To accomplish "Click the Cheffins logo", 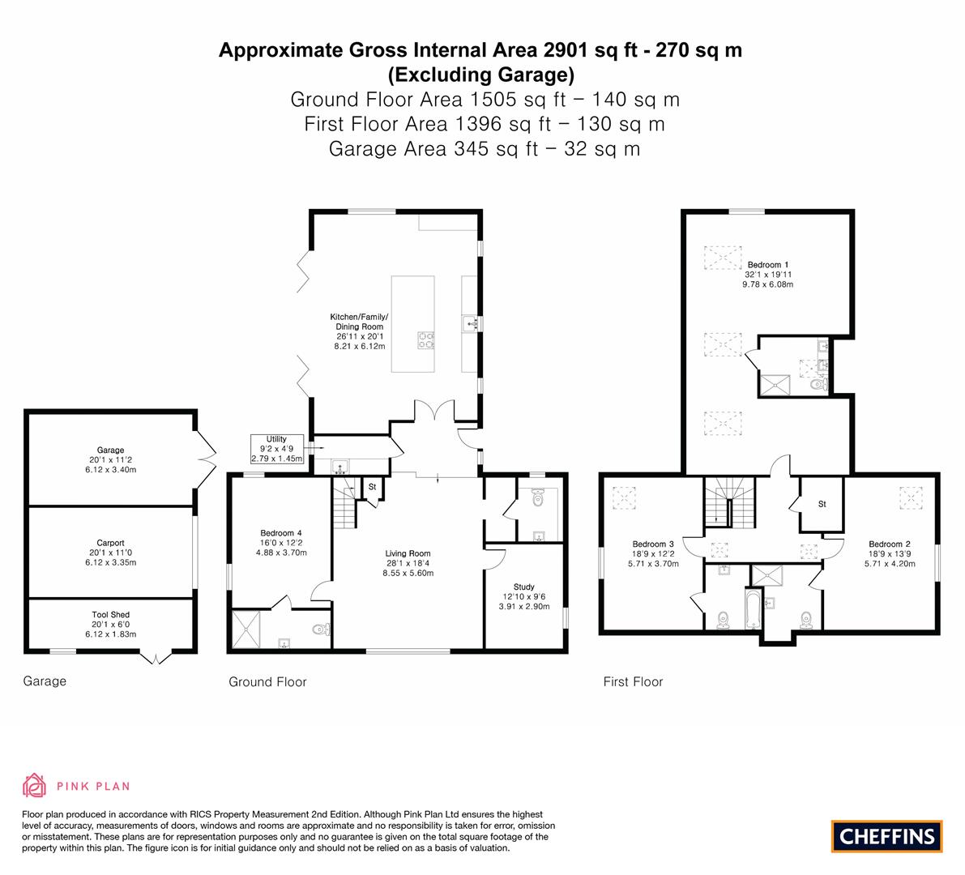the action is [x=886, y=836].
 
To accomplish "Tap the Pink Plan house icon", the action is [x=35, y=786].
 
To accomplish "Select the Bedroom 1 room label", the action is [x=767, y=265].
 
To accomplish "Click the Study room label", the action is [x=523, y=587].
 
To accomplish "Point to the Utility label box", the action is [x=277, y=449].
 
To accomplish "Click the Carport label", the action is [x=111, y=543].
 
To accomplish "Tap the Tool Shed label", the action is [x=111, y=614].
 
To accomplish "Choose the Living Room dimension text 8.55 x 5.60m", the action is [x=408, y=573].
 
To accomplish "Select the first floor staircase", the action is [x=730, y=502].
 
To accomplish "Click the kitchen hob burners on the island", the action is [x=426, y=340].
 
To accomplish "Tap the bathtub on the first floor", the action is [x=753, y=608].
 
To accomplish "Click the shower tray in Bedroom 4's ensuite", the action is [x=246, y=629].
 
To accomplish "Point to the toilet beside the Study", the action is [x=538, y=497].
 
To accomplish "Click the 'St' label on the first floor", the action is [x=822, y=504].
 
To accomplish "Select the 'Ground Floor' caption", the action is [x=267, y=682].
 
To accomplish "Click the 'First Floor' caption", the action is [x=634, y=682].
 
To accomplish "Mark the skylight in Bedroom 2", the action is [x=912, y=497].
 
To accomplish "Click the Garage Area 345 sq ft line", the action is [x=485, y=149].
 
